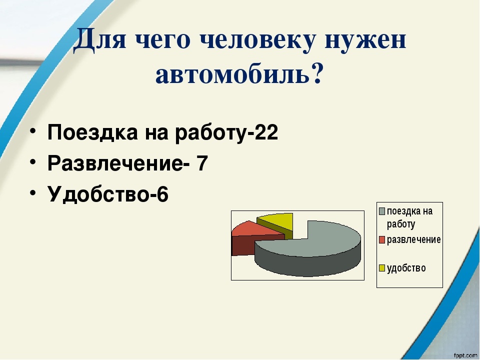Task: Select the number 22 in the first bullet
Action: [266, 133]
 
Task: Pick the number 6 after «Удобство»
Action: [162, 194]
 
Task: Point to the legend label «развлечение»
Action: [413, 239]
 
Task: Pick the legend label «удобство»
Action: [406, 268]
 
